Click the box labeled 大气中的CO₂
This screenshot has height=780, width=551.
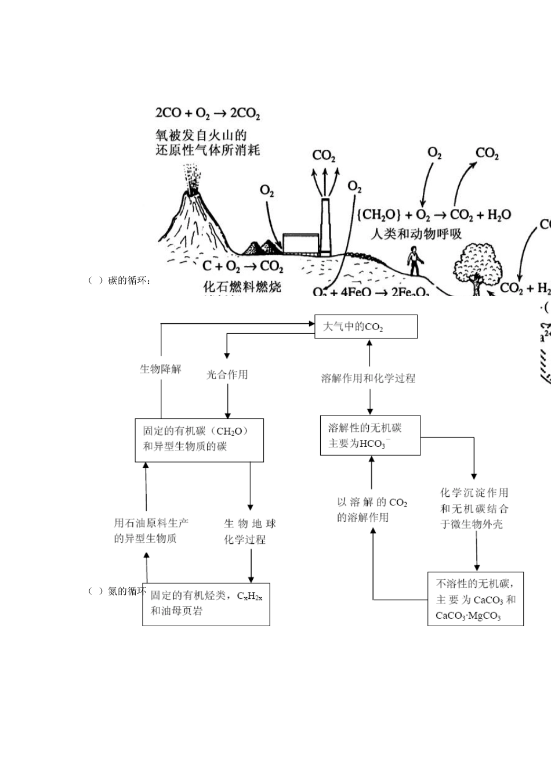coord(365,327)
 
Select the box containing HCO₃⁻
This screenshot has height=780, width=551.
coord(370,435)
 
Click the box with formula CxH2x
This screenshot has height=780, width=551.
coord(206,604)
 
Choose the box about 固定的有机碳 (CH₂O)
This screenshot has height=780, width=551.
coord(199,440)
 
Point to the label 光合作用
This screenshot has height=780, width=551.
coord(227,374)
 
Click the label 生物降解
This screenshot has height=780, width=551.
coord(161,369)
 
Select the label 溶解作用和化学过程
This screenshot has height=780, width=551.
coord(368,378)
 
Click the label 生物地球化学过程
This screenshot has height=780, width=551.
coord(250,531)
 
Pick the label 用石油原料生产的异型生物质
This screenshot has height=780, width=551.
coord(151,530)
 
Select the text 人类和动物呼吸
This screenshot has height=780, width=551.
coord(416,234)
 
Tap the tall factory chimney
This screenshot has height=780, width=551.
coord(325,226)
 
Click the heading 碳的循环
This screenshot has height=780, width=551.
coord(129,281)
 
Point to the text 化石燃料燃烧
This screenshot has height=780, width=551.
coord(242,286)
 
